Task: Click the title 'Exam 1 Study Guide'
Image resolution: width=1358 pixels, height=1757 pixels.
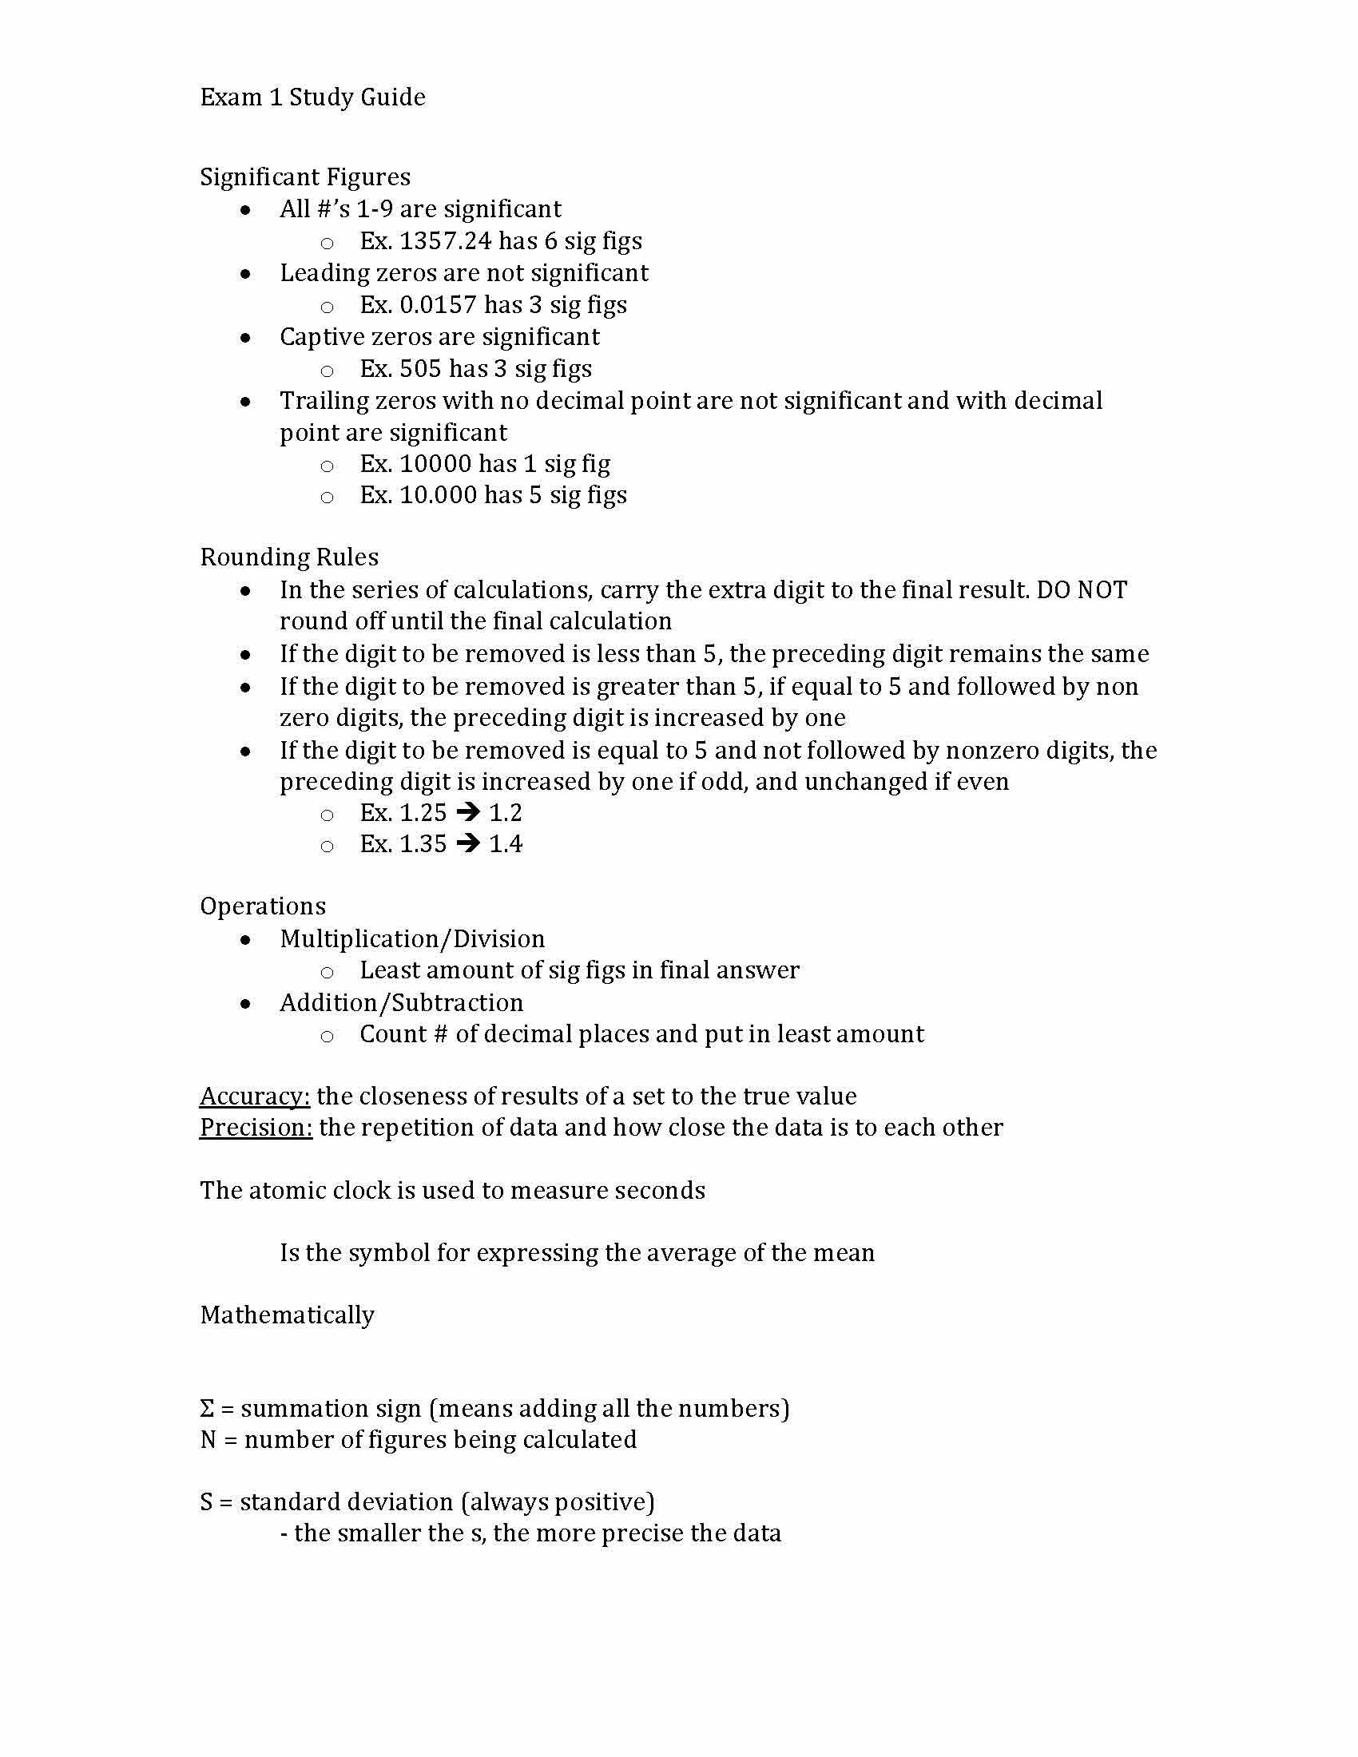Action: click(x=312, y=97)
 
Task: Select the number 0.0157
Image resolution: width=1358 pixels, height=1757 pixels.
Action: click(x=438, y=305)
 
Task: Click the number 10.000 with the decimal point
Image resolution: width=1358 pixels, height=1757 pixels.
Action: click(x=438, y=496)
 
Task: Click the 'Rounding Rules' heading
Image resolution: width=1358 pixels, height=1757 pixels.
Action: click(x=289, y=557)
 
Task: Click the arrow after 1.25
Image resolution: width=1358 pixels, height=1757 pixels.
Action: click(x=467, y=812)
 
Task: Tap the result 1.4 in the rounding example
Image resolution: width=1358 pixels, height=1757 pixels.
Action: click(x=505, y=844)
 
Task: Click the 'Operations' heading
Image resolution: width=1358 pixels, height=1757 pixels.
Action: click(x=262, y=906)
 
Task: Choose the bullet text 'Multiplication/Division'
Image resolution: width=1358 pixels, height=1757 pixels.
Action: click(x=412, y=939)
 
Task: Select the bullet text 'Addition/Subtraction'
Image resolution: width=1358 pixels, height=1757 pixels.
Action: click(x=402, y=1003)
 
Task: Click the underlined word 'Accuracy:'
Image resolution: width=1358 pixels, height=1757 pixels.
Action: click(x=254, y=1097)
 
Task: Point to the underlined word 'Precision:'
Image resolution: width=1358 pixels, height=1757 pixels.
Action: click(x=256, y=1128)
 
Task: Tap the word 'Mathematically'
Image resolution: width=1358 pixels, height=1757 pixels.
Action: click(x=288, y=1315)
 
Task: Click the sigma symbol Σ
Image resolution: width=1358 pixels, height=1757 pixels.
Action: click(x=207, y=1410)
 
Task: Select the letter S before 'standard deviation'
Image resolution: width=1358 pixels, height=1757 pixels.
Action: click(x=206, y=1503)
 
